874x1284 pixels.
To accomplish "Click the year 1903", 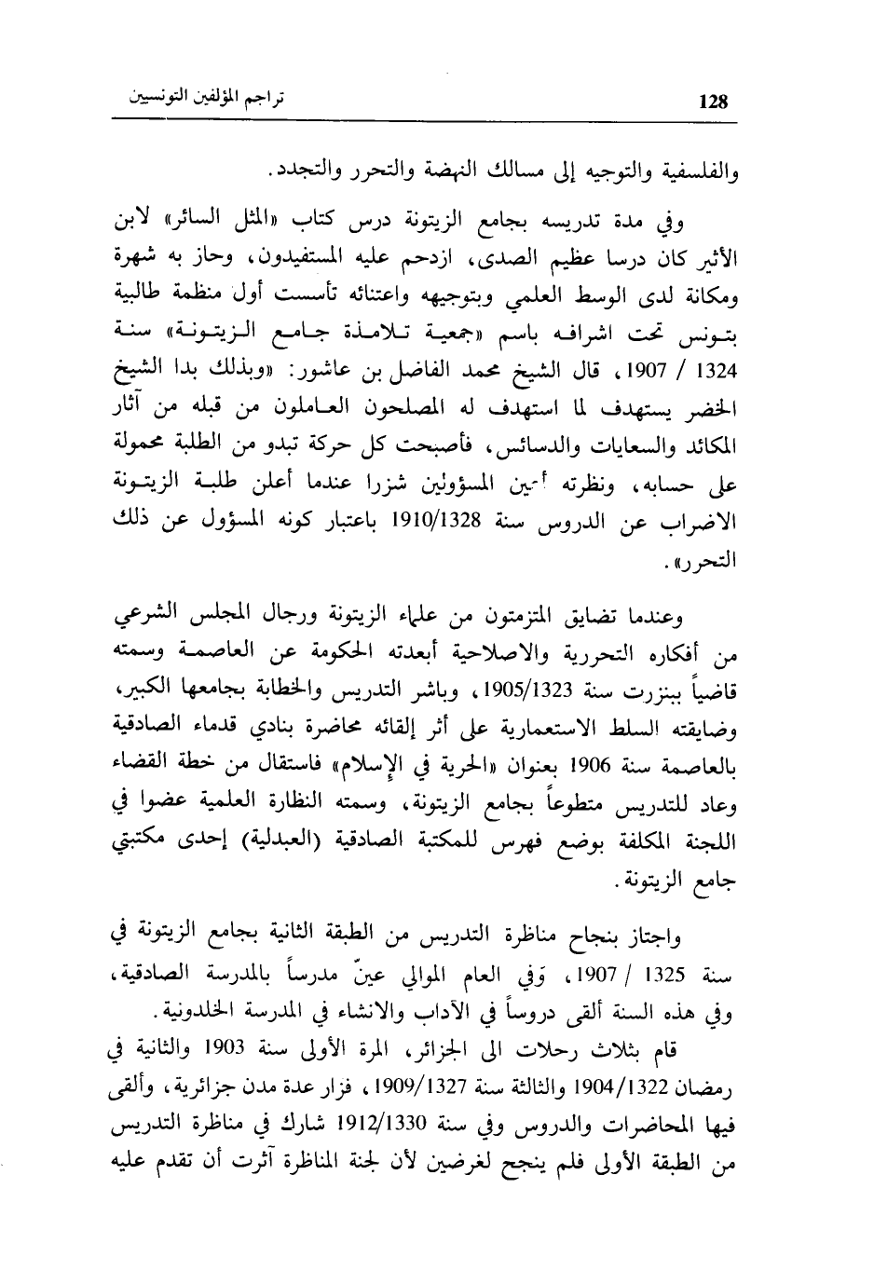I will click(x=292, y=1054).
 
